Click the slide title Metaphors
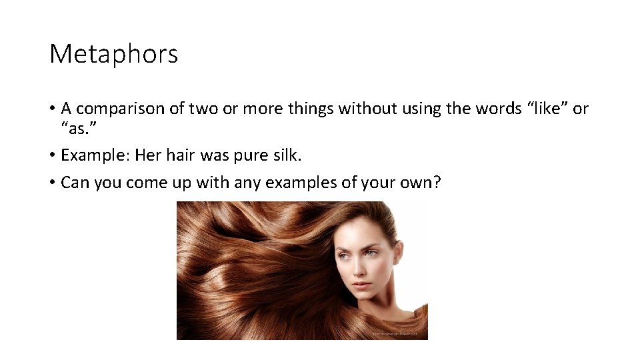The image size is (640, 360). point(114,54)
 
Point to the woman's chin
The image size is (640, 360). point(364,299)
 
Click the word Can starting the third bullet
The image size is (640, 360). point(75,183)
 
